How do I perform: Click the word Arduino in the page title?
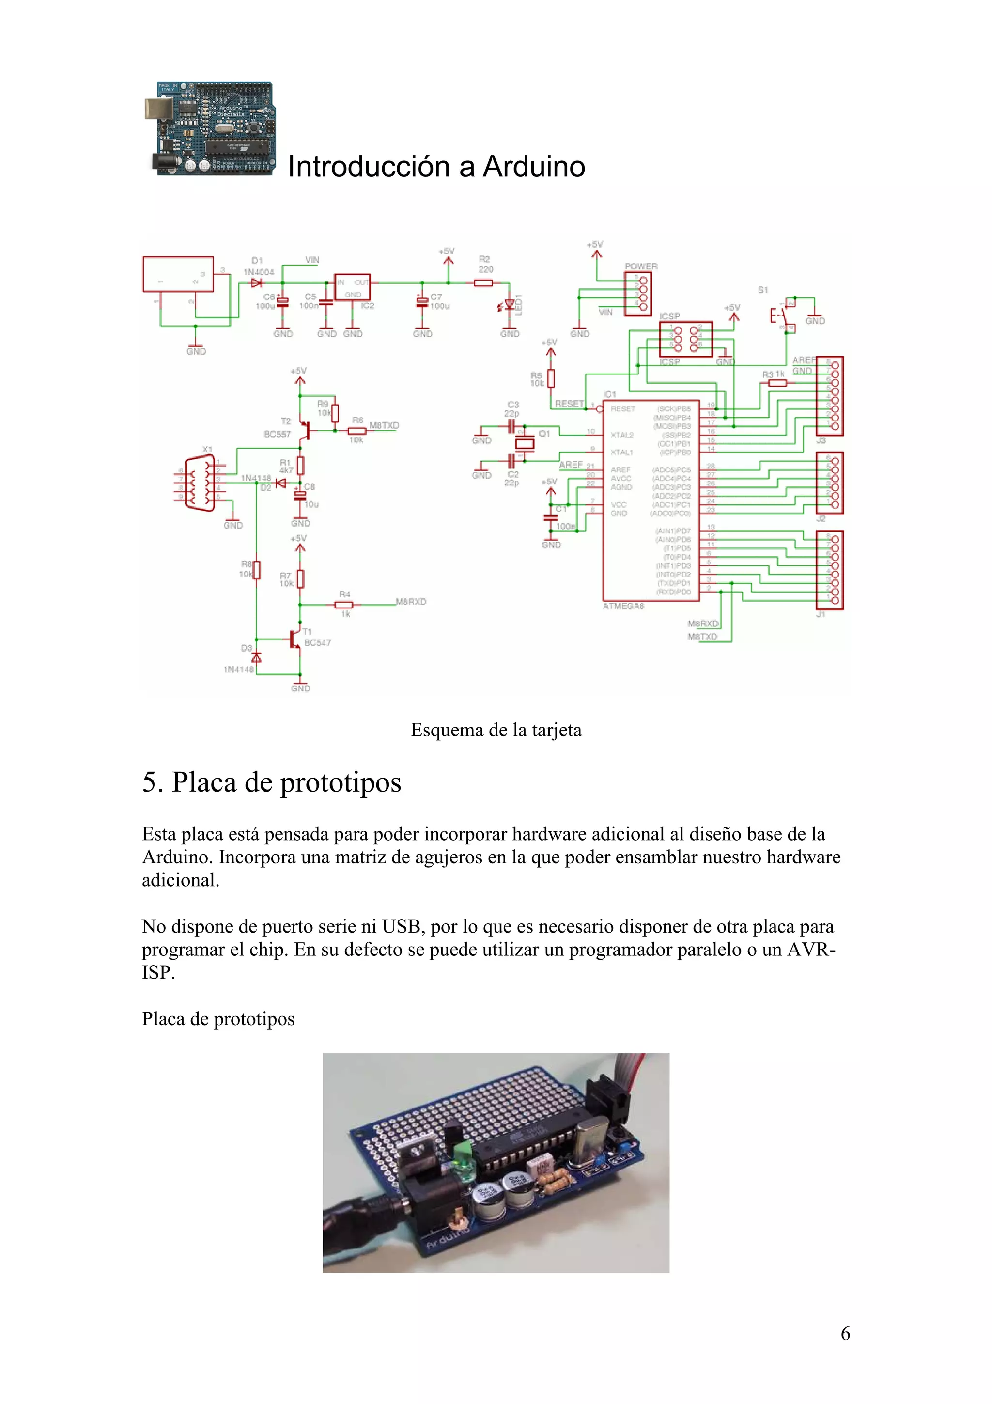(534, 166)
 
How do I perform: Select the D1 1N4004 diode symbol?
(256, 283)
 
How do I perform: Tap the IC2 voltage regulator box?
(352, 287)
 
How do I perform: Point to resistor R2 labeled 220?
(483, 283)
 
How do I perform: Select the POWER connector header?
(638, 294)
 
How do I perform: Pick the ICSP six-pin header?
(686, 339)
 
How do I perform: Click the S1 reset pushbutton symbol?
(781, 315)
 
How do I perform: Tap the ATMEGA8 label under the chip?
(623, 606)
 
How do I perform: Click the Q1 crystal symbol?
(525, 443)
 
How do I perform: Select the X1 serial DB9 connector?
(201, 484)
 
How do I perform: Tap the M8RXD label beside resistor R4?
(411, 602)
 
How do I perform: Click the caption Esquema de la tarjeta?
(496, 730)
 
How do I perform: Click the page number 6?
(845, 1334)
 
